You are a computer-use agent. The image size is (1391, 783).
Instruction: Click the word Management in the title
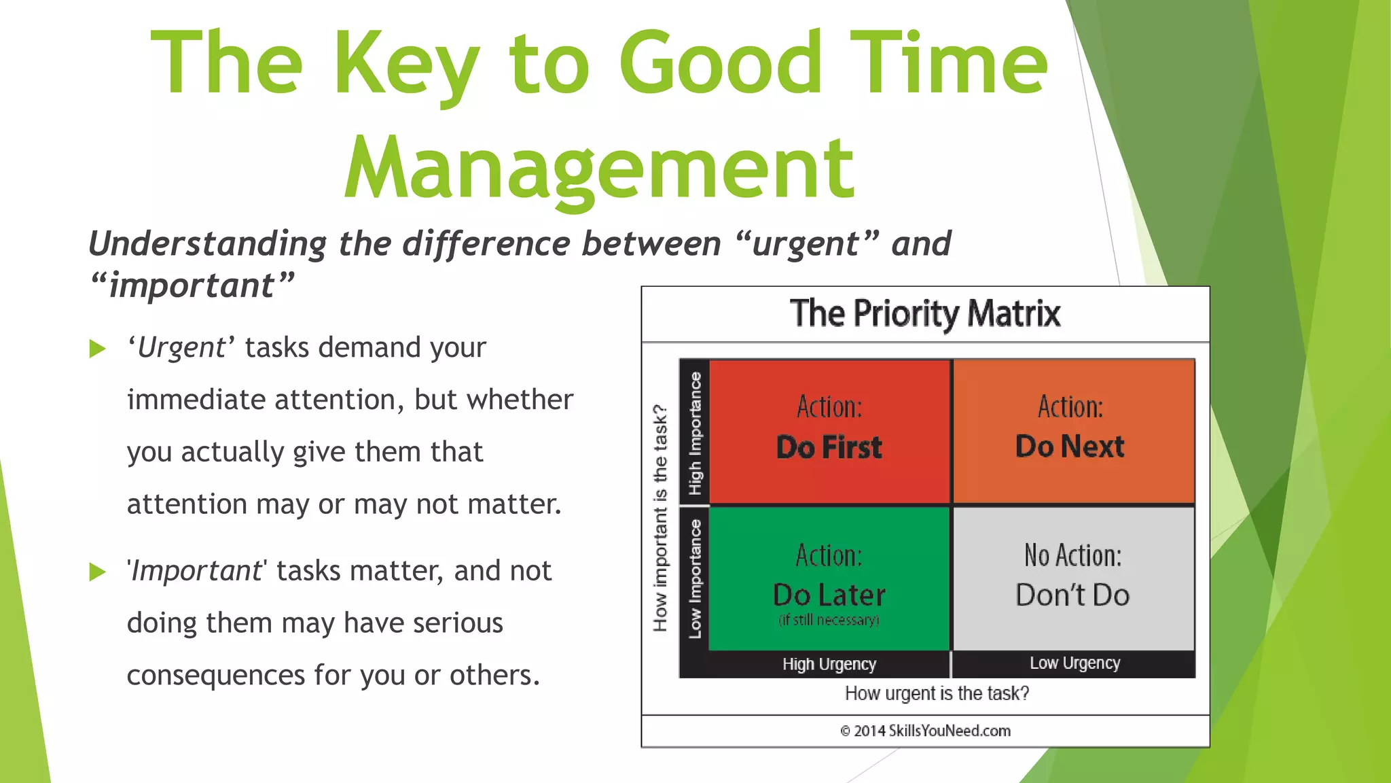pyautogui.click(x=599, y=167)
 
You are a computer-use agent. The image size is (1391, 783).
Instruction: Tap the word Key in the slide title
pyautogui.click(x=405, y=65)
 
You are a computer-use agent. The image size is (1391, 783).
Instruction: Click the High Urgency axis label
pyautogui.click(x=829, y=664)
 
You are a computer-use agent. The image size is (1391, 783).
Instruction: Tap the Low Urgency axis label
pyautogui.click(x=1074, y=663)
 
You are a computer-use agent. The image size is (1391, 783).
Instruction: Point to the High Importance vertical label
pyautogui.click(x=695, y=433)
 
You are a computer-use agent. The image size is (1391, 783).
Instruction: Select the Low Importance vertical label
pyautogui.click(x=695, y=578)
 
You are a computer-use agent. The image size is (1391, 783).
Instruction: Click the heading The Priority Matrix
pyautogui.click(x=925, y=313)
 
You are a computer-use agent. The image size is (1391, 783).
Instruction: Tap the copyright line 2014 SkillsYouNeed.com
pyautogui.click(x=925, y=731)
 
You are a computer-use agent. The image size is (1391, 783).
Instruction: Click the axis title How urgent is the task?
pyautogui.click(x=937, y=693)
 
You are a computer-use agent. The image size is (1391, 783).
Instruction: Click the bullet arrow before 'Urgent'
pyautogui.click(x=98, y=349)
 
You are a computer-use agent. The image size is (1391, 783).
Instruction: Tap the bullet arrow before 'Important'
pyautogui.click(x=98, y=572)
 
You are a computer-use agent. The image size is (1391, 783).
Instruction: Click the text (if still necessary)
pyautogui.click(x=829, y=620)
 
